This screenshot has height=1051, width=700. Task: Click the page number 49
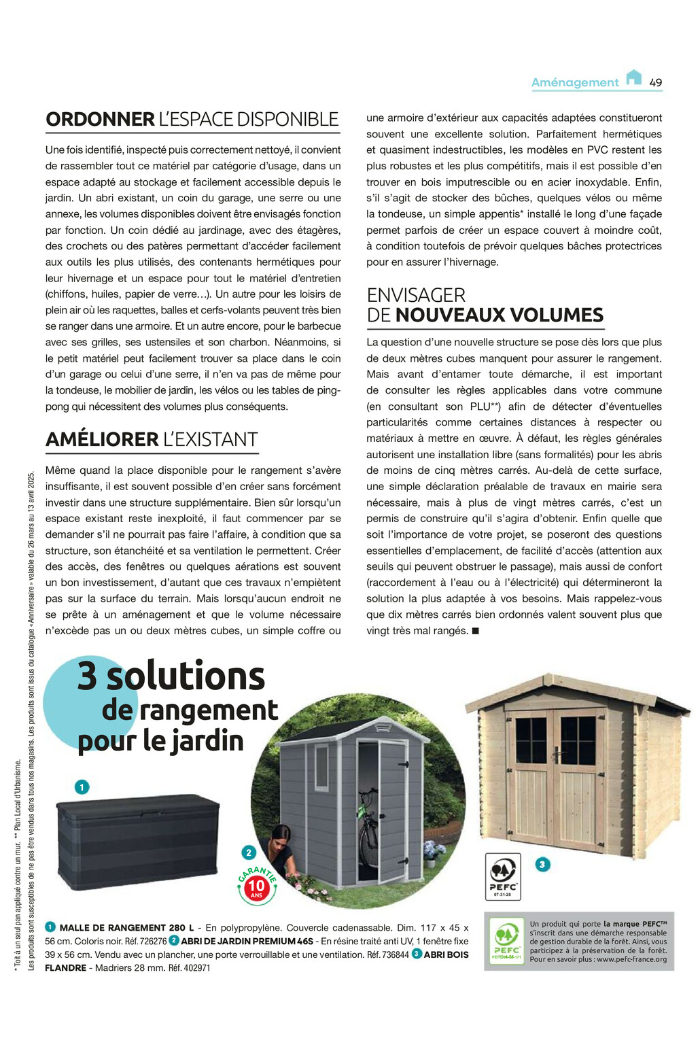coord(655,82)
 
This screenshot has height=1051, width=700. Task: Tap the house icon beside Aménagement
coord(633,77)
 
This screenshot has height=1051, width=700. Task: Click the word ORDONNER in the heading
coord(100,120)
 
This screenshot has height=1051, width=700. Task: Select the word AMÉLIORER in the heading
coord(102,440)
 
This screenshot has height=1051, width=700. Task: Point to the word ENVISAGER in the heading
coord(416,295)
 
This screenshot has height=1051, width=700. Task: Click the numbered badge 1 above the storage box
coord(82,787)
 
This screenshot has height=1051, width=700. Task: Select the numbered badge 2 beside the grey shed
coord(249,852)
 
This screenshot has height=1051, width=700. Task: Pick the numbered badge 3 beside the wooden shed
coord(542,865)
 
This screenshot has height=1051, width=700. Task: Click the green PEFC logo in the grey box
coord(507,942)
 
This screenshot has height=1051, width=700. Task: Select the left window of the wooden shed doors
coord(531,741)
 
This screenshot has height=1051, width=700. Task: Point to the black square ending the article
coord(476,631)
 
